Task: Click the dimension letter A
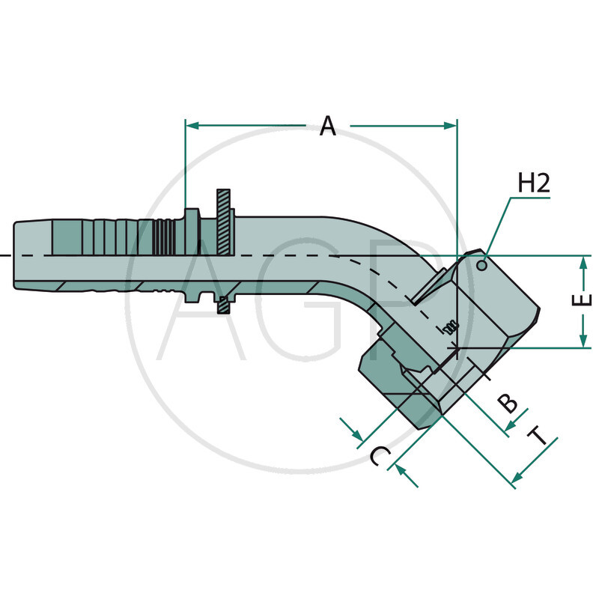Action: click(x=327, y=126)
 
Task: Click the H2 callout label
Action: click(x=534, y=183)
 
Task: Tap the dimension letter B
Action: click(x=508, y=403)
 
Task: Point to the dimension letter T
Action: click(x=538, y=437)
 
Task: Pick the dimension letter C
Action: click(x=380, y=456)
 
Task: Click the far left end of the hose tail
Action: click(x=15, y=255)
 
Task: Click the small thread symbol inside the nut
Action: click(x=449, y=326)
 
